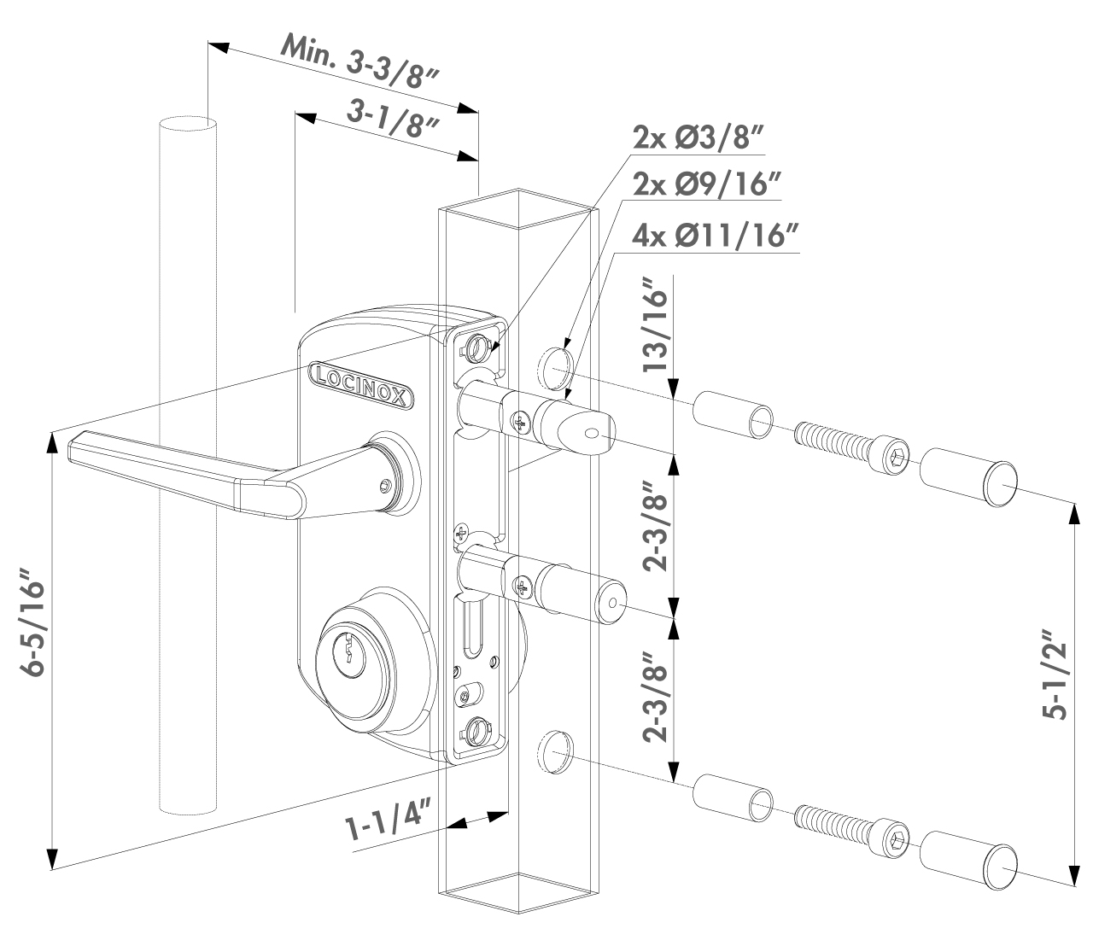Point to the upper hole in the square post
554,364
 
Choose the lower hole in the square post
554,750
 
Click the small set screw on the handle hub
385,485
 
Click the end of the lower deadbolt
612,603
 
